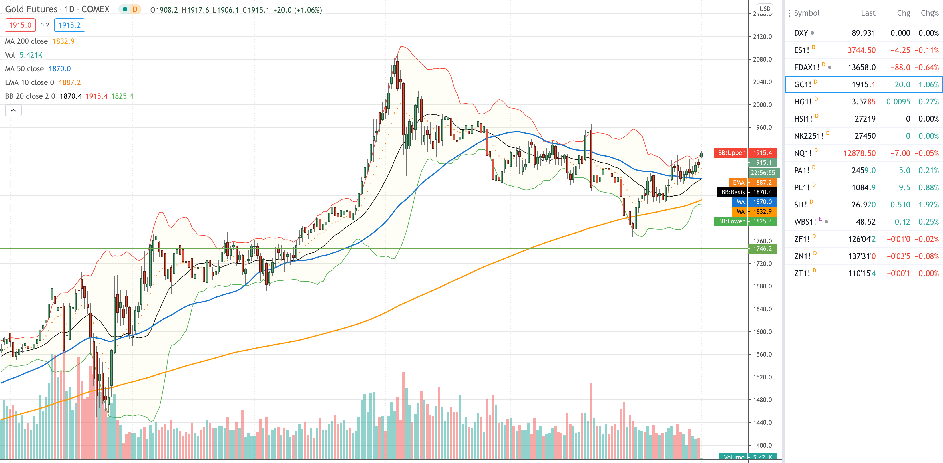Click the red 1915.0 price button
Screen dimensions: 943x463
tap(20, 25)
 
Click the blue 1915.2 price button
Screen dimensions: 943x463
tap(69, 25)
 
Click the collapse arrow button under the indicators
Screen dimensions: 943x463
tap(13, 110)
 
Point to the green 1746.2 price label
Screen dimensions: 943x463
tap(763, 249)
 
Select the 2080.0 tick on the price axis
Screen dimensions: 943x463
tap(763, 59)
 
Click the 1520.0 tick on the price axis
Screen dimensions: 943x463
tap(763, 377)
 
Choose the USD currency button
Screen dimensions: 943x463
tap(765, 9)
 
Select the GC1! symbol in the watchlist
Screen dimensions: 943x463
tap(802, 85)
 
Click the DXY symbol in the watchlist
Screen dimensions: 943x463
tap(801, 33)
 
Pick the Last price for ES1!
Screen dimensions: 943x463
tap(862, 50)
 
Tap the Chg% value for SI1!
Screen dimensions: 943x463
tap(929, 205)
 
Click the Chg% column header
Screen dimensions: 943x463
tap(930, 13)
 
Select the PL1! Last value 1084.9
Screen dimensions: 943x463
tap(864, 187)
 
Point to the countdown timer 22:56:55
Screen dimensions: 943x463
tap(763, 173)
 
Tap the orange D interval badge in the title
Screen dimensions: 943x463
tap(135, 9)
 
